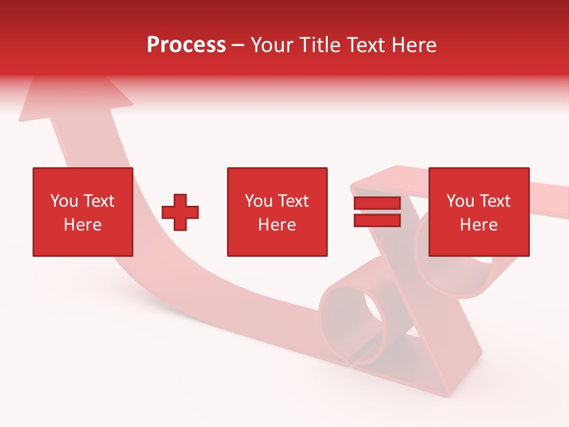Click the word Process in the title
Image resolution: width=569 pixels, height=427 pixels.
[186, 45]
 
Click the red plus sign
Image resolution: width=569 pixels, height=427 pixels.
[180, 212]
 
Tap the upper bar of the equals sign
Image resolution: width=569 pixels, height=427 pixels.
[377, 203]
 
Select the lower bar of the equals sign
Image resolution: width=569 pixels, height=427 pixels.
[377, 220]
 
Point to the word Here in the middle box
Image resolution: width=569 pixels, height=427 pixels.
[277, 225]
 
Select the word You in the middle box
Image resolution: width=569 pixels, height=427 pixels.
[258, 201]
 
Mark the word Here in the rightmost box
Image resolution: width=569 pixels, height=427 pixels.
[478, 225]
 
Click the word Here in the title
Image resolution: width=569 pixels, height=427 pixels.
[415, 45]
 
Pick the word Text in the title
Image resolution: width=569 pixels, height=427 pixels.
[366, 45]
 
